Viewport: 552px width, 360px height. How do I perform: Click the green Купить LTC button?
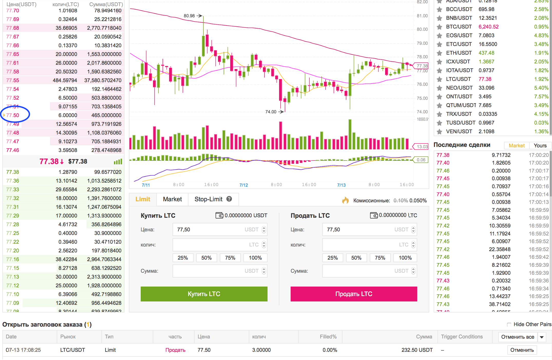(x=204, y=294)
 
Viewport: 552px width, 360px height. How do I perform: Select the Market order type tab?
(x=172, y=199)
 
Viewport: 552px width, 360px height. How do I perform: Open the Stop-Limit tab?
(x=208, y=199)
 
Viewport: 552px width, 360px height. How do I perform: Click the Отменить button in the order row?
(x=522, y=350)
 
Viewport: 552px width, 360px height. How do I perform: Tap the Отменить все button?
(x=518, y=337)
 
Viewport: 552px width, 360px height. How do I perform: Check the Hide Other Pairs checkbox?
(x=509, y=325)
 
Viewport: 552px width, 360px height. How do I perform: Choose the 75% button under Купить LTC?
(x=230, y=258)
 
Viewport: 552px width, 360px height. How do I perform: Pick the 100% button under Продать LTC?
(x=405, y=258)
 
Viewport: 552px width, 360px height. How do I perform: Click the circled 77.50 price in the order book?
(x=13, y=115)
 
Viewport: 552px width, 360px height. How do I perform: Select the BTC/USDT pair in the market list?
(x=459, y=27)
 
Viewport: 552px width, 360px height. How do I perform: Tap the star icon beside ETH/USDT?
(x=440, y=53)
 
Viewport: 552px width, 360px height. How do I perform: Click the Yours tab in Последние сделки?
(x=540, y=146)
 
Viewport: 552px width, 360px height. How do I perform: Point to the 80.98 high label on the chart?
(x=189, y=16)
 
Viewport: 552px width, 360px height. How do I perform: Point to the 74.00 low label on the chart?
(x=271, y=112)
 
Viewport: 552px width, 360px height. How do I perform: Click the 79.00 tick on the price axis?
(x=422, y=43)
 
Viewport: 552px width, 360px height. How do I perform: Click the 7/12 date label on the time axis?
(x=244, y=185)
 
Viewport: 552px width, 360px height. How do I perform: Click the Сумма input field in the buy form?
(x=217, y=271)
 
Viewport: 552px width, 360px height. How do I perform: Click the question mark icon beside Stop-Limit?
(x=229, y=199)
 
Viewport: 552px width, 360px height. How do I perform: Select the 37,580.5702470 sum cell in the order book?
(x=103, y=80)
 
